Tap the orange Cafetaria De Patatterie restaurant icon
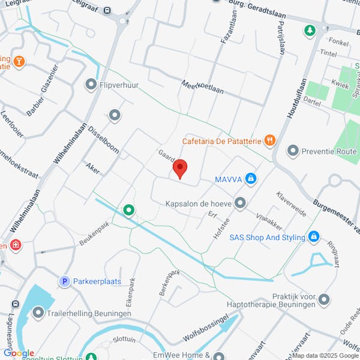[x=270, y=140]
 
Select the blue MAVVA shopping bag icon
[x=251, y=179]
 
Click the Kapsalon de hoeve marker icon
[x=241, y=203]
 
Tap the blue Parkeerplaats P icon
[x=64, y=281]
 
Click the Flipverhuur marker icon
[x=91, y=85]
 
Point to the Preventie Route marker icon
[x=293, y=149]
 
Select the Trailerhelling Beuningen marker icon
[x=38, y=312]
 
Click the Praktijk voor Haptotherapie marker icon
[x=325, y=298]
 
